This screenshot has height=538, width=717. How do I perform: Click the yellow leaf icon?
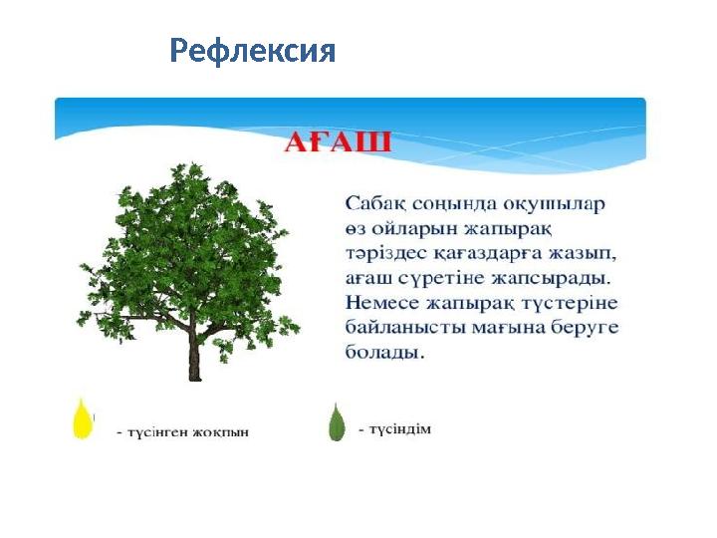pyautogui.click(x=83, y=417)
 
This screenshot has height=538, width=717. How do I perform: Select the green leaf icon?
pyautogui.click(x=337, y=421)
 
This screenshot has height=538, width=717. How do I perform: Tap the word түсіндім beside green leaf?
pyautogui.click(x=401, y=429)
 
